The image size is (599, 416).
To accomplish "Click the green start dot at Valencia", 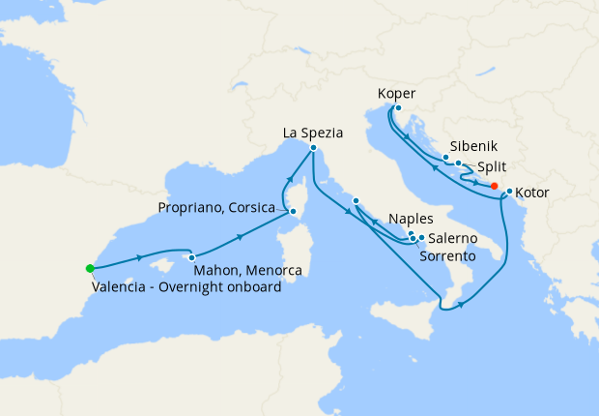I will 90,268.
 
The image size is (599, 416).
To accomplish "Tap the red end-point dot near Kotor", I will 494,186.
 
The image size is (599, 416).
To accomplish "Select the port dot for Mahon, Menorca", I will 192,257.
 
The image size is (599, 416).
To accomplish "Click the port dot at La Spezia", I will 313,148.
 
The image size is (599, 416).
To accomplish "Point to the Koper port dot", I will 398,108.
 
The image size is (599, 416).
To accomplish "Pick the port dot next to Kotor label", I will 509,191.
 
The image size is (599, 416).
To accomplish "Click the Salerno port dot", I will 421,237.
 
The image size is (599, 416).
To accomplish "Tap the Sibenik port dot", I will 445,158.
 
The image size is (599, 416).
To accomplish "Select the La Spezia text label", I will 313,133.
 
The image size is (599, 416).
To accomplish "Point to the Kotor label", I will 532,193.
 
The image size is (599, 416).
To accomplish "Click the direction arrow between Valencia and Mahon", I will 142,257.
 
